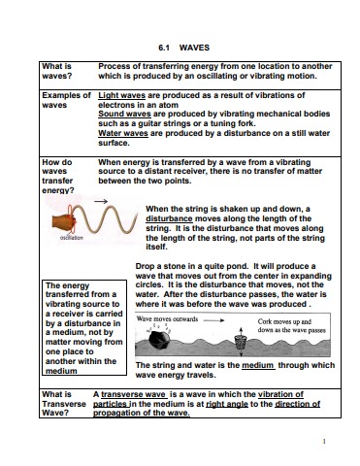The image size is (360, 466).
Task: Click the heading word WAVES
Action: point(194,48)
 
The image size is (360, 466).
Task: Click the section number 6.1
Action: point(164,48)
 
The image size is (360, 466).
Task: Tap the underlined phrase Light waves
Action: point(121,95)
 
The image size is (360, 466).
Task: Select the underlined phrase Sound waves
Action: point(124,114)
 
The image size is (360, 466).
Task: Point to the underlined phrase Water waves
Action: point(123,133)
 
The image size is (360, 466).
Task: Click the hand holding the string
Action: point(64,222)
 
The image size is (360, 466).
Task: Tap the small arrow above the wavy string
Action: point(101,201)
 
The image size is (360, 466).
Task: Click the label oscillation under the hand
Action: point(72,238)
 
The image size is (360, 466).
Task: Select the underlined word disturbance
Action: point(169,218)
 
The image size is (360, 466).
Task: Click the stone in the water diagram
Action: point(159,339)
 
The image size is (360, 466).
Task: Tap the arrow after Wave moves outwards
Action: point(213,320)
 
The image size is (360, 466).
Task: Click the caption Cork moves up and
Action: point(284,321)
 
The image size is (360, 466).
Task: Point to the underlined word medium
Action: point(258,365)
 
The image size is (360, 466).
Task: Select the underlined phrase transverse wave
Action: point(134,394)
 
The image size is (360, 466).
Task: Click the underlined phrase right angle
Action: point(227,404)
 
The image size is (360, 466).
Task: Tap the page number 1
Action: point(324,441)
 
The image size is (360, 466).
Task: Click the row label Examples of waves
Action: point(66,100)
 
